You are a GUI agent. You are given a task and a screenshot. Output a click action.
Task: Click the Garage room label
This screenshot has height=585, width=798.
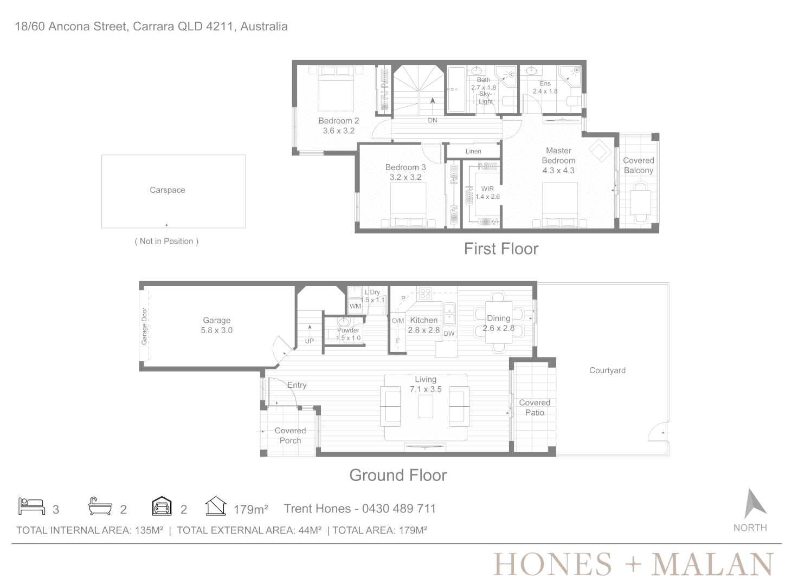coord(217,320)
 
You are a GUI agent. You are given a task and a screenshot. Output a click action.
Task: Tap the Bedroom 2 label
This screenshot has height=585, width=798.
coord(338,121)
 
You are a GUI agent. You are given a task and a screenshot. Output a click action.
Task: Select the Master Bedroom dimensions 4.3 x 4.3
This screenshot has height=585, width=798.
coord(558,171)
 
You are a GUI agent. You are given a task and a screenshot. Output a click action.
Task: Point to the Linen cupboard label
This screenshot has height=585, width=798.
coord(473,151)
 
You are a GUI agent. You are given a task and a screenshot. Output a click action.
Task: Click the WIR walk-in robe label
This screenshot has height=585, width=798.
coord(487,188)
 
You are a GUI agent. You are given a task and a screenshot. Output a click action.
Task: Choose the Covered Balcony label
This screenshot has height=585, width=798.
coord(639,165)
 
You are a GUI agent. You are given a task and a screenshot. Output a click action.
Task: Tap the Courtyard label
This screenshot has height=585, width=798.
coord(607,370)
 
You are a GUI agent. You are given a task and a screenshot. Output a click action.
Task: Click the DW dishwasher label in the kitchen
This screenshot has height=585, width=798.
coord(449,334)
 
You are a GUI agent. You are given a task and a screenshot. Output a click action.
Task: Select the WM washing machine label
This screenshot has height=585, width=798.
coord(355,306)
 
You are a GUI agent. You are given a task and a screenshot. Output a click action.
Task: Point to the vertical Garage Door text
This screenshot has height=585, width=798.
coord(144,326)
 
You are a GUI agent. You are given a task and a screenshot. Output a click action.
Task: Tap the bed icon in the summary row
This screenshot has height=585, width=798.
coord(31,506)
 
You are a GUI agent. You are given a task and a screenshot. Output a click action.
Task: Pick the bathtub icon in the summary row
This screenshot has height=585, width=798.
coord(100,506)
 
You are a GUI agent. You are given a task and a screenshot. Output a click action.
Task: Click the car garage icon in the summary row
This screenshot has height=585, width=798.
coord(162,506)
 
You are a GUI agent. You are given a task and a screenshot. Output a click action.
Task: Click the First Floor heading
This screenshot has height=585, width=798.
coord(501,249)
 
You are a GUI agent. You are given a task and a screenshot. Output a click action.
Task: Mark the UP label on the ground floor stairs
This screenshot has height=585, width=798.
coord(309,341)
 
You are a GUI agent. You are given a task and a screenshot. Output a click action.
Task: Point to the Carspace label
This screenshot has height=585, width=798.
coord(168,190)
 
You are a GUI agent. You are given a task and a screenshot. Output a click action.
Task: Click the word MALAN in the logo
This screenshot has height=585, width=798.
coord(712,564)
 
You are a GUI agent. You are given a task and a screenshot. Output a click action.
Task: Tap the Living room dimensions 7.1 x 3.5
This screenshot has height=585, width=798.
coord(426,389)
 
